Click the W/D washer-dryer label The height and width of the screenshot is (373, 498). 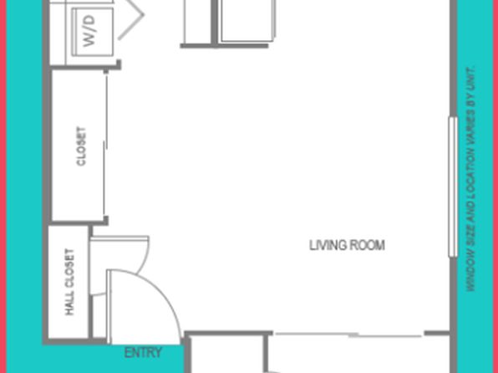(x=89, y=31)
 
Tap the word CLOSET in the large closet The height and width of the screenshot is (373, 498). (x=81, y=146)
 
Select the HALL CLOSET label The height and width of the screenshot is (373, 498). (x=69, y=282)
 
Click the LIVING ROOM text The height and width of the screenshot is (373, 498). (x=347, y=245)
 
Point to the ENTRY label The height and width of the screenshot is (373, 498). (x=143, y=353)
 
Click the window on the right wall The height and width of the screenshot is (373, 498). (x=453, y=186)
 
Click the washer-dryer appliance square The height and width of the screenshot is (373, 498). (x=93, y=32)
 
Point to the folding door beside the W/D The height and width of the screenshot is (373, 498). (x=131, y=20)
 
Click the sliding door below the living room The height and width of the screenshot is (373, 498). (x=348, y=335)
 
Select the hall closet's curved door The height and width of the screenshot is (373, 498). (x=119, y=265)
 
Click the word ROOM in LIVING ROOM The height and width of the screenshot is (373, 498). (x=367, y=245)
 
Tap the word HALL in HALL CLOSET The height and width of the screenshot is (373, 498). (x=69, y=303)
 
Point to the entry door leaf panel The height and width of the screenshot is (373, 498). (x=109, y=307)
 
